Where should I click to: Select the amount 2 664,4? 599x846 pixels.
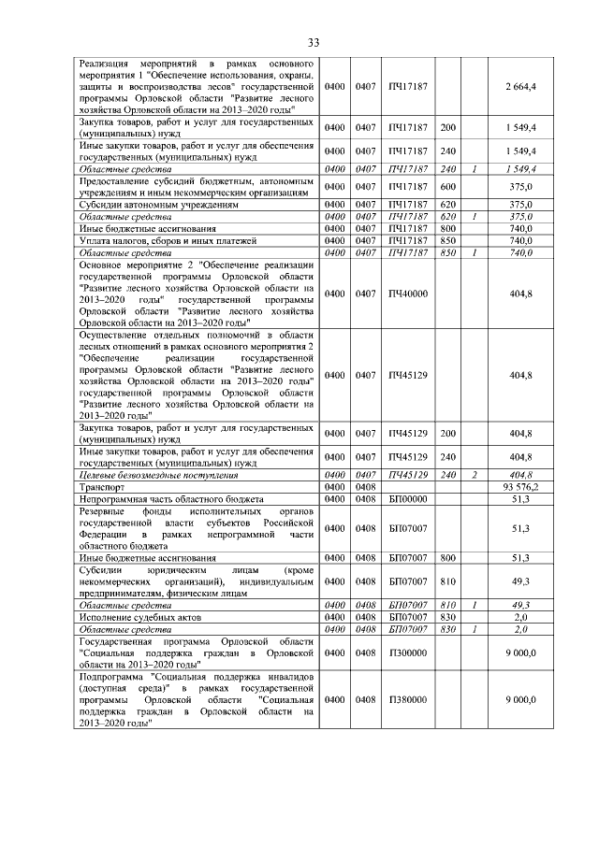(x=520, y=86)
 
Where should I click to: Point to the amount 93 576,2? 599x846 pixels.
(x=520, y=487)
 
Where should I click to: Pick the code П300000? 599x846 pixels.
(x=406, y=652)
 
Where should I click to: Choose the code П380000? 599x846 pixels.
(x=406, y=698)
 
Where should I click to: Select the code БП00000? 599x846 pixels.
(x=407, y=499)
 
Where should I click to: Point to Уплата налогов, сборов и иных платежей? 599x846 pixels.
(x=168, y=239)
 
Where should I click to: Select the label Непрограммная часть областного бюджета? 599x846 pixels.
(x=172, y=499)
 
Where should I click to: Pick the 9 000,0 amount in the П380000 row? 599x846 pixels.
(x=520, y=698)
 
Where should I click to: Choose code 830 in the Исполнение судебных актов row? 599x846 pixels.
(x=447, y=619)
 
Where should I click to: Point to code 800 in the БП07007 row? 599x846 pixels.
(x=447, y=558)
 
